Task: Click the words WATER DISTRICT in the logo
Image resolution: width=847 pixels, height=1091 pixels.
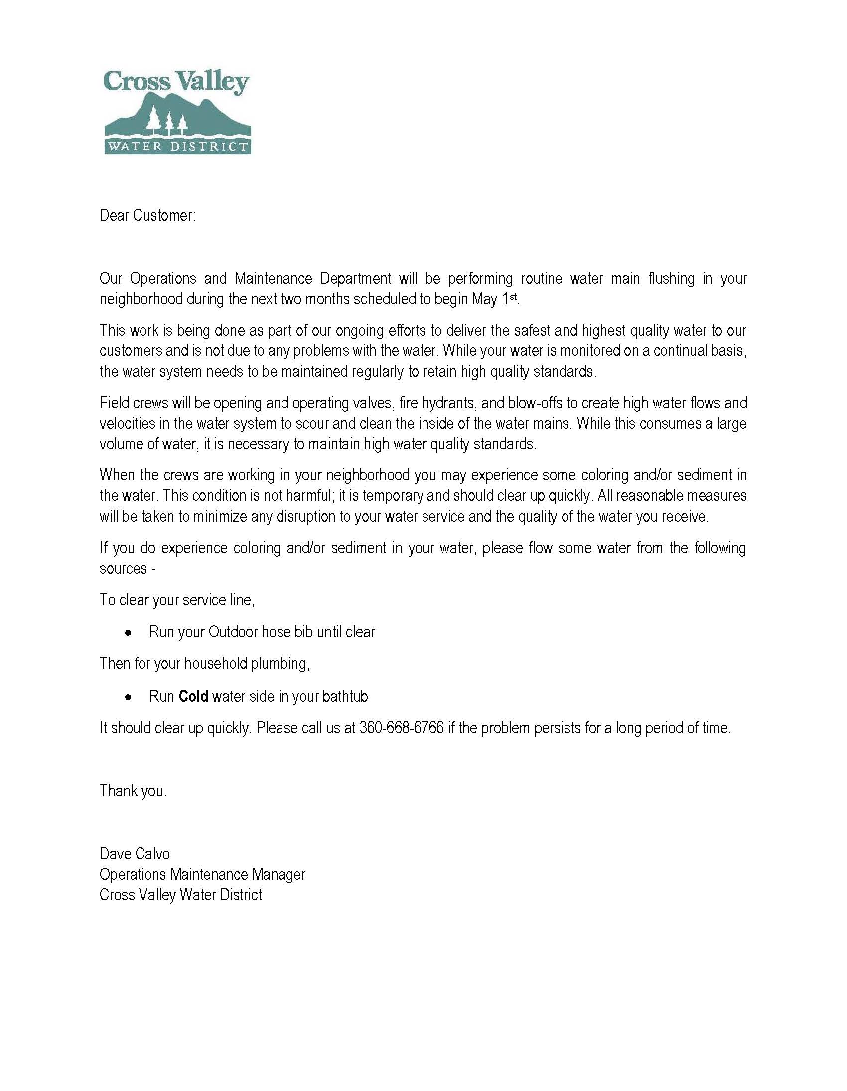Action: point(177,147)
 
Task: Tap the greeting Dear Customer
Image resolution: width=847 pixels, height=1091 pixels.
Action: point(147,215)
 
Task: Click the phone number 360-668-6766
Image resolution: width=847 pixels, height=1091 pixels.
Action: point(401,728)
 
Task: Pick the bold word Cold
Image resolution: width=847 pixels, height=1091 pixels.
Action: point(193,696)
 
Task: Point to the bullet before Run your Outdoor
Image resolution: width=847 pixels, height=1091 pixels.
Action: point(129,633)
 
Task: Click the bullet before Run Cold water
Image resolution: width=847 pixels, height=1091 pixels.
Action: point(129,697)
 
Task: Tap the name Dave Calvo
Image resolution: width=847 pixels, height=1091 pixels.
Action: point(135,853)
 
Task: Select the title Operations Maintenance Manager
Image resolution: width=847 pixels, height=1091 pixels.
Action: point(202,874)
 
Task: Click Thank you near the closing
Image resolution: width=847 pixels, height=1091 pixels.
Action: point(133,791)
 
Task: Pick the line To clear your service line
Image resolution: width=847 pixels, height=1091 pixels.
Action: point(177,600)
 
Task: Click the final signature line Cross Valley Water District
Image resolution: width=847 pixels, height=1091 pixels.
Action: point(180,895)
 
